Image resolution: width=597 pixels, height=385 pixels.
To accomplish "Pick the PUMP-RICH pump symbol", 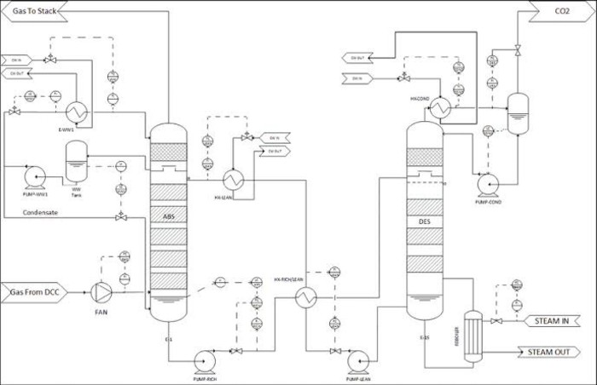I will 206,358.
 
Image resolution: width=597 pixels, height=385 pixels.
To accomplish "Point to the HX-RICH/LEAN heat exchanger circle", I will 305,296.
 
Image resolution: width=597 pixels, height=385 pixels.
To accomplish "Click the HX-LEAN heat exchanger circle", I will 233,180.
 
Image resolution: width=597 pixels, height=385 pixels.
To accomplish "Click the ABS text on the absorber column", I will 167,217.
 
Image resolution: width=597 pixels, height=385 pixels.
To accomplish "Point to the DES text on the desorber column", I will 424,220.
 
